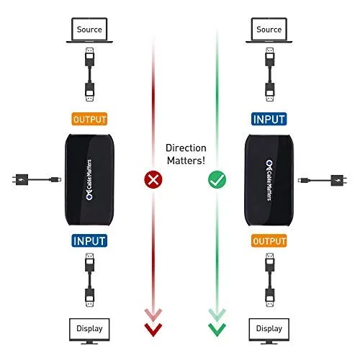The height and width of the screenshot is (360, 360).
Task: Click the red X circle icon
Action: tap(153, 179)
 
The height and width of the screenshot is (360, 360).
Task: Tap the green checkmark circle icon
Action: tap(217, 179)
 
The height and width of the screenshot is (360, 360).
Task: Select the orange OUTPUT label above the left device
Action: tap(89, 119)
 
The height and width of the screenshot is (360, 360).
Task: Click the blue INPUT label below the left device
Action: tap(89, 240)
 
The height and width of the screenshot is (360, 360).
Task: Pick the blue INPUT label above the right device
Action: tap(269, 119)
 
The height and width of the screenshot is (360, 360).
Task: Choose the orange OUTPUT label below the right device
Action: tap(269, 240)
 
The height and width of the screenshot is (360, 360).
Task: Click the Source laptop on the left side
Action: tap(89, 30)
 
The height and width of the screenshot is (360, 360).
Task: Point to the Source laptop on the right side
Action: tap(269, 30)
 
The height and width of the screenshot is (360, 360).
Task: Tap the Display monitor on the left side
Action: tap(89, 331)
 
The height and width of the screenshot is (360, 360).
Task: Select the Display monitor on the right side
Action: tap(269, 331)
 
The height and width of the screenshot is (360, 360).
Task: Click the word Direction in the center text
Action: tap(186, 148)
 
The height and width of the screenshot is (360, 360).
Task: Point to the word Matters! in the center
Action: tap(186, 161)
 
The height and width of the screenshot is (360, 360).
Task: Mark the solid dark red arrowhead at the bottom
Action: tap(153, 330)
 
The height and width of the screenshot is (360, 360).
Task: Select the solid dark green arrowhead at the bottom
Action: tap(217, 330)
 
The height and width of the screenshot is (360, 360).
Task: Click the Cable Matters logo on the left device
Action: tap(89, 179)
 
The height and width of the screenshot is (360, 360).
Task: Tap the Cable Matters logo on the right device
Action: tap(269, 180)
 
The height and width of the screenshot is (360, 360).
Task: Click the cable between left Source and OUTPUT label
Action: tap(89, 74)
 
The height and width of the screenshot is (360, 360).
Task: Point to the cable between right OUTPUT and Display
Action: tap(269, 280)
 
